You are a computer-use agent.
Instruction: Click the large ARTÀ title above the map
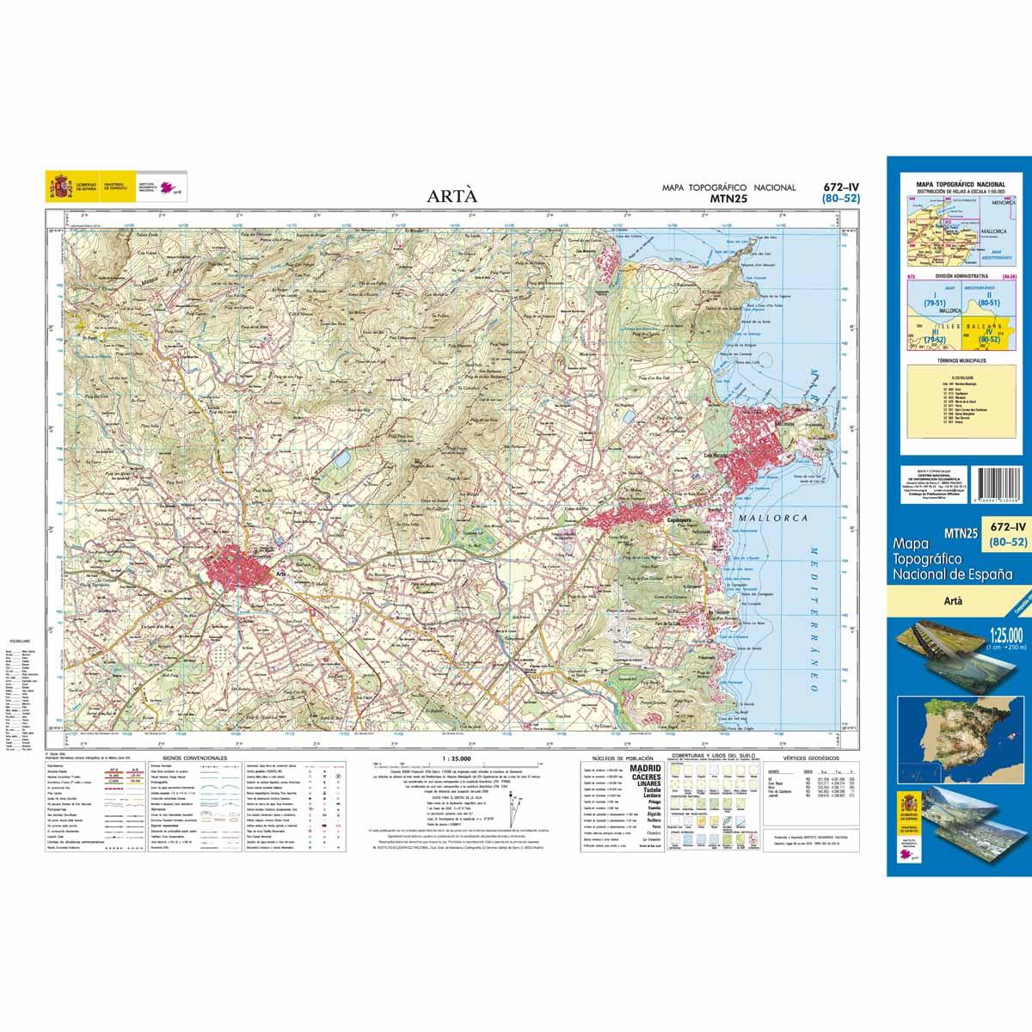pyautogui.click(x=452, y=195)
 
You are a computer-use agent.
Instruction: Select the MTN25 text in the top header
pyautogui.click(x=728, y=199)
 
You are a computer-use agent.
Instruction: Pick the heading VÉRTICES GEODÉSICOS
pyautogui.click(x=799, y=759)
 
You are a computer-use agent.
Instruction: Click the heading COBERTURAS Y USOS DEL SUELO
pyautogui.click(x=705, y=759)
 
